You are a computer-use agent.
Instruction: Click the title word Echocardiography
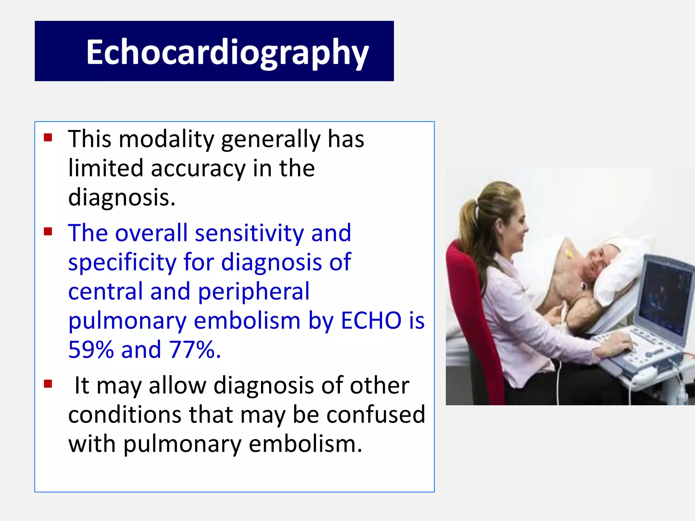coord(227,52)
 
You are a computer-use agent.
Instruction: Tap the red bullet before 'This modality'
coord(48,137)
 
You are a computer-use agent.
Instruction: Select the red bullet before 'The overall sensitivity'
coord(48,232)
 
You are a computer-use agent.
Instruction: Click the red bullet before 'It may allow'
coord(48,384)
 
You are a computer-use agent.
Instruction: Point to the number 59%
coord(91,350)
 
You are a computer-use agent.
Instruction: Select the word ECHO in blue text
coord(371,320)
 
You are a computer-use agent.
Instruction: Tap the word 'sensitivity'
coord(249,233)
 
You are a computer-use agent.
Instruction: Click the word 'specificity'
coord(122,263)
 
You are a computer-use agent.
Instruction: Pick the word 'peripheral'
coord(253,292)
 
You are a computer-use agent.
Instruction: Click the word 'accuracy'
coord(198,169)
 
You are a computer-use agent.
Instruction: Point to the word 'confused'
coord(375,414)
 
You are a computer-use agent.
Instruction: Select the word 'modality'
coord(166,139)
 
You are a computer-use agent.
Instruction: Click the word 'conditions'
coord(125,414)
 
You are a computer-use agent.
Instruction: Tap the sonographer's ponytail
coord(470,217)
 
